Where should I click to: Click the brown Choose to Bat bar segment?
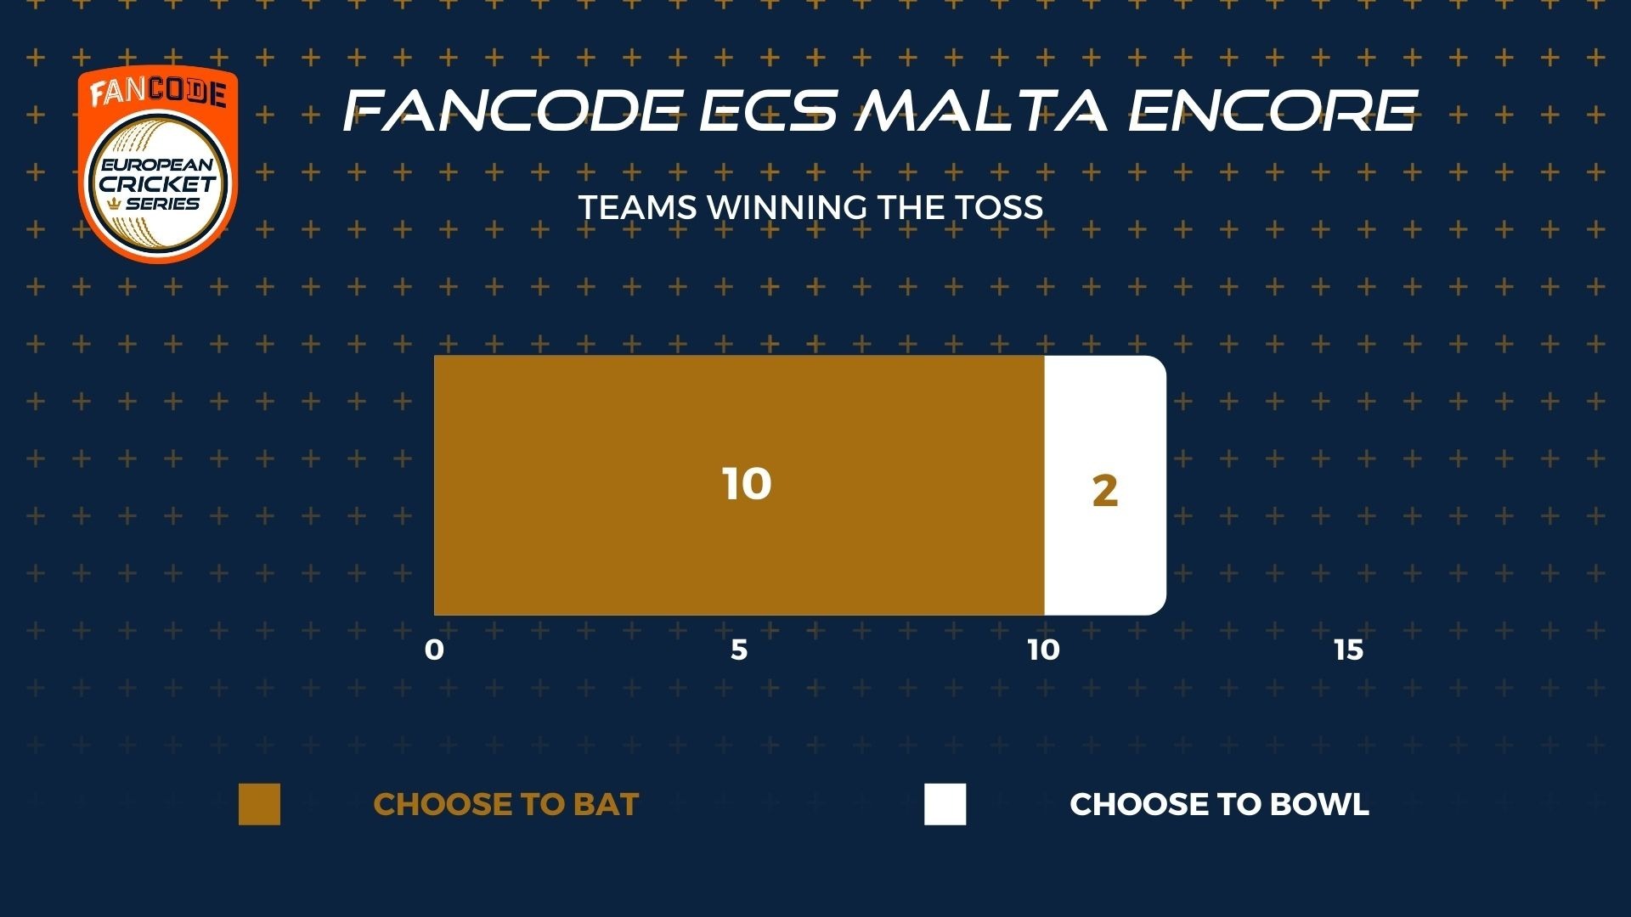(739, 485)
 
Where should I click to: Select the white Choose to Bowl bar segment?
(1105, 485)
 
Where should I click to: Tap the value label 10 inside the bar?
(747, 484)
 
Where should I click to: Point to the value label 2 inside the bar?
(1104, 492)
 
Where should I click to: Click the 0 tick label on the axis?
(434, 650)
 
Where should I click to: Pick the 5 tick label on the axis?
(739, 650)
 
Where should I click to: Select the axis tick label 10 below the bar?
(1043, 650)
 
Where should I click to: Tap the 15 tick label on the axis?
(1348, 650)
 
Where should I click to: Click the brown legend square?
(259, 804)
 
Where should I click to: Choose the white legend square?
(945, 804)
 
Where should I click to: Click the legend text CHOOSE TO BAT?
(506, 804)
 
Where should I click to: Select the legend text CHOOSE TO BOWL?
(1219, 804)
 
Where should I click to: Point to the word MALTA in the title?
(981, 110)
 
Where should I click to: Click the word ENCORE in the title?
(1273, 110)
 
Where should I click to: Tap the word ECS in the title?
(769, 110)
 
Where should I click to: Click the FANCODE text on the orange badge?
(158, 93)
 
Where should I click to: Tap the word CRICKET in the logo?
(158, 183)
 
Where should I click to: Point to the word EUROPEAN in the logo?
(158, 165)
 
